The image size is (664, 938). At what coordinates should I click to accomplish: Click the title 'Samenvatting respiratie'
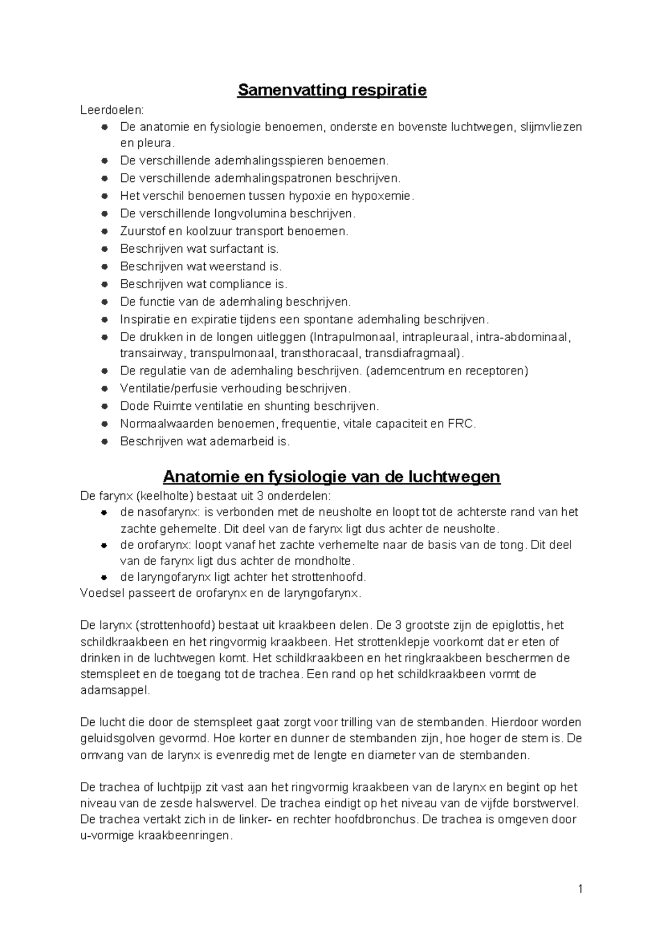click(x=332, y=90)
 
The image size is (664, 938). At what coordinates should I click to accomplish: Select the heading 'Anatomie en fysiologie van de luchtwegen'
click(x=332, y=477)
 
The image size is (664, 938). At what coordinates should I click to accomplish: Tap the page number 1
click(x=580, y=889)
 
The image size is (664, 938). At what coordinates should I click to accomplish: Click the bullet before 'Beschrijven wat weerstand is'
click(x=104, y=267)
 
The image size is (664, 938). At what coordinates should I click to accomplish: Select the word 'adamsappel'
click(x=115, y=691)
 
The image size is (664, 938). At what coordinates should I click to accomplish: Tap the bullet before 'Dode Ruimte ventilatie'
click(x=104, y=407)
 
